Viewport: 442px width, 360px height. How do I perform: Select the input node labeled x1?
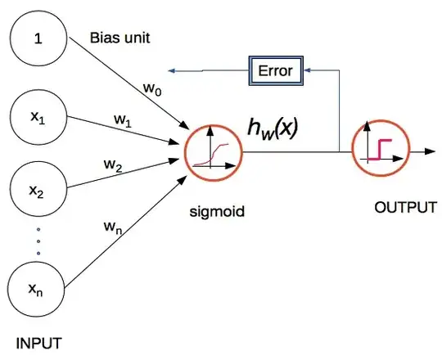pos(37,117)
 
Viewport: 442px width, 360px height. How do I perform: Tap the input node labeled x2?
pos(37,193)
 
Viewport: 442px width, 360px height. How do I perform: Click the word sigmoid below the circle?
pos(217,210)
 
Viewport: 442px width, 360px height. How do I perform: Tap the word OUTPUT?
pos(404,208)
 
